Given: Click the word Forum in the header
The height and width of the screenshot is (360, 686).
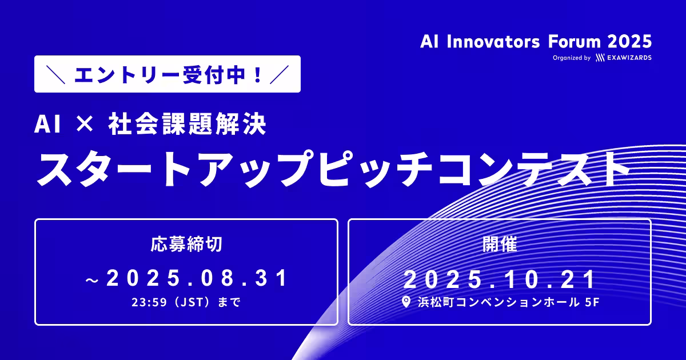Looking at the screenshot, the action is pos(574,42).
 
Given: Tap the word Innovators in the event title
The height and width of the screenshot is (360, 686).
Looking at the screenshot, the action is pos(493,42).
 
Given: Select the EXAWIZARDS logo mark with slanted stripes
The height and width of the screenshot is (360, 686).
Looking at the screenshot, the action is pos(600,58).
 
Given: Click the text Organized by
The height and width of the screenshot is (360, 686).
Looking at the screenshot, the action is pos(572,58).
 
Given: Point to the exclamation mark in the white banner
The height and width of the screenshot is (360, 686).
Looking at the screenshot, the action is pos(258,75).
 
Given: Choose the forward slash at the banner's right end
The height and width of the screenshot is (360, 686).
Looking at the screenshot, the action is pos(279,74).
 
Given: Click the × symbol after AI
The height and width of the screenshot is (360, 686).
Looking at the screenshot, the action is pos(85,124).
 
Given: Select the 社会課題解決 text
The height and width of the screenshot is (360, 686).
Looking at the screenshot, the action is pos(187,124).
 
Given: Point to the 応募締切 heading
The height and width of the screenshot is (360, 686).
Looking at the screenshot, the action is pos(186,244).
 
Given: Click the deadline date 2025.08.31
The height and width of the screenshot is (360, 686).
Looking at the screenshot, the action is pos(196,278).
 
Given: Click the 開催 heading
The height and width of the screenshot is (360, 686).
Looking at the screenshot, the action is pos(500,244).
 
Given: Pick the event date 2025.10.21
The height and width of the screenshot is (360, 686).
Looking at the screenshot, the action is pos(499,279).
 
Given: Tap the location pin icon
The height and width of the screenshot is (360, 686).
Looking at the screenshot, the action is pos(406,302).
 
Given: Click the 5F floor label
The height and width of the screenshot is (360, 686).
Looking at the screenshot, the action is pos(592,302).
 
